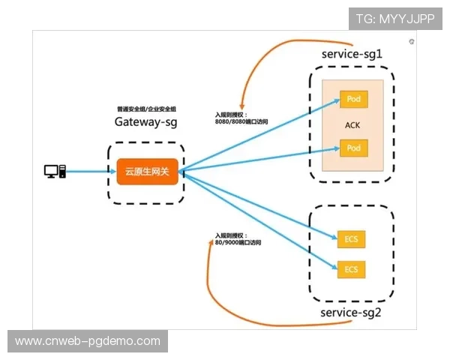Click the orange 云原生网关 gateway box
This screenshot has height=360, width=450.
pyautogui.click(x=147, y=172)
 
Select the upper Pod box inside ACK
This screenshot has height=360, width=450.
pyautogui.click(x=353, y=99)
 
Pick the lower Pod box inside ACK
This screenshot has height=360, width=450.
pyautogui.click(x=353, y=148)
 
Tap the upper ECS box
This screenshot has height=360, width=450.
pyautogui.click(x=351, y=239)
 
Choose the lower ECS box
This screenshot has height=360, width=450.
pyautogui.click(x=351, y=268)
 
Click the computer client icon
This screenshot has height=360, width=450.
pyautogui.click(x=55, y=172)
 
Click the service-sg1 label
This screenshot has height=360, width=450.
pyautogui.click(x=352, y=55)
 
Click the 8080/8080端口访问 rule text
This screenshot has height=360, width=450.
pyautogui.click(x=241, y=121)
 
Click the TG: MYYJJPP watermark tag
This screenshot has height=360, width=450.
pyautogui.click(x=395, y=19)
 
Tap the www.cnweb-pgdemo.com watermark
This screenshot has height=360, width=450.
pyautogui.click(x=88, y=341)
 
